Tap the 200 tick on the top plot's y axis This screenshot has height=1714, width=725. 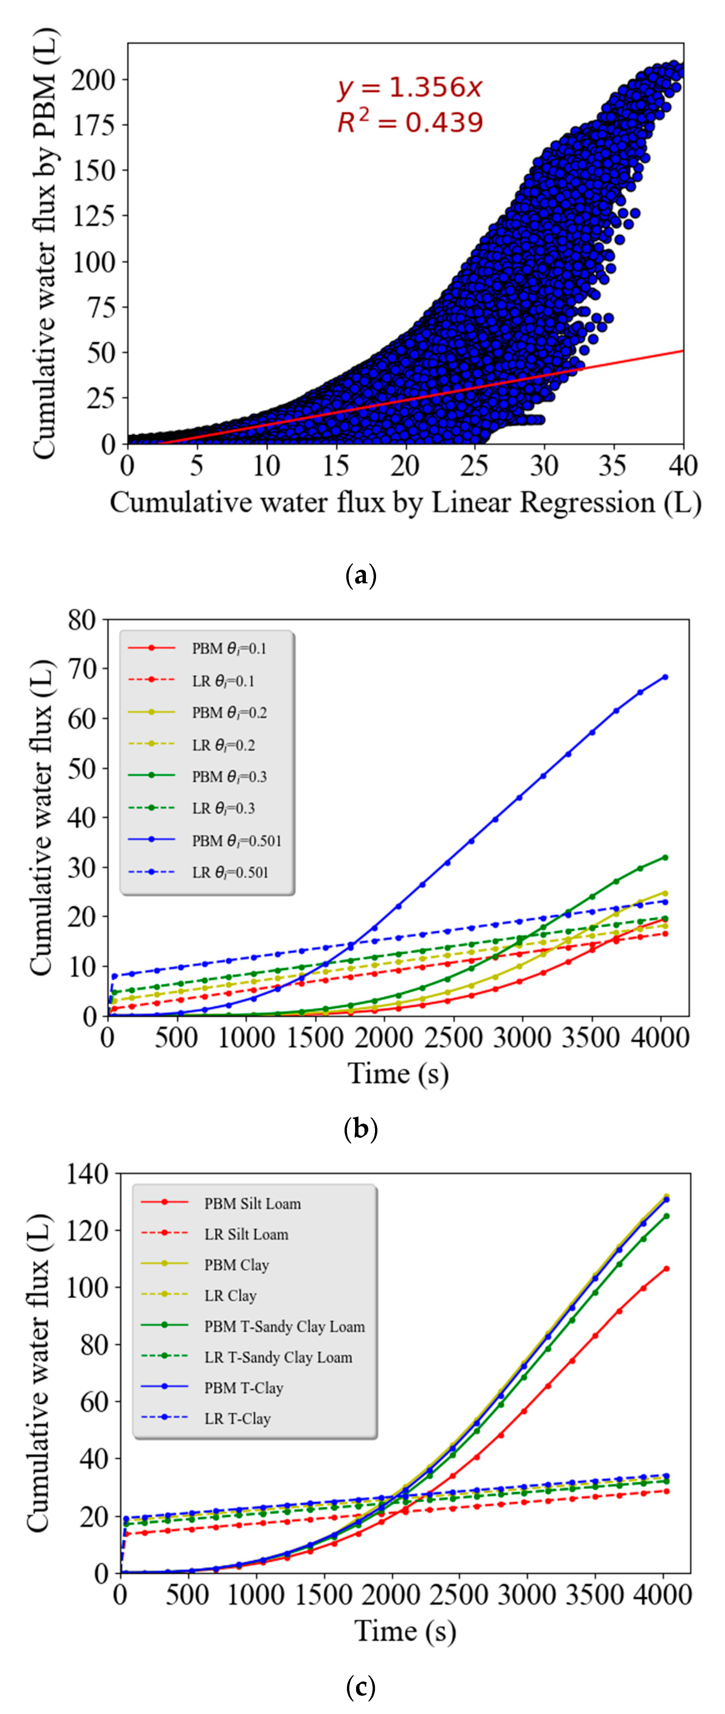coord(93,80)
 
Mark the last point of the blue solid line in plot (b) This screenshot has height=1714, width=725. coord(664,677)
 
